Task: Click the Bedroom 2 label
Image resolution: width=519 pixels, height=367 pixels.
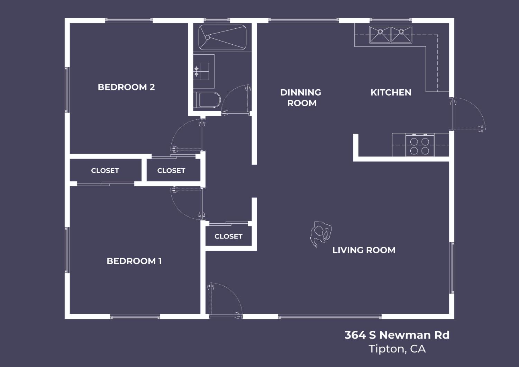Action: [x=126, y=87]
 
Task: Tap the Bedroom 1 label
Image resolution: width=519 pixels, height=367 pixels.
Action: [x=134, y=261]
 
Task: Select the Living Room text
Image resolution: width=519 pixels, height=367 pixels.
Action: [x=364, y=250]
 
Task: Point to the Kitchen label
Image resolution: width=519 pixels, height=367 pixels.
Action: [x=391, y=92]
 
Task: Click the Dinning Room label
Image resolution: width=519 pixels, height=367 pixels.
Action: [x=301, y=98]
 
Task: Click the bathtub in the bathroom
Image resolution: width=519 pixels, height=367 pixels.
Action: [x=222, y=37]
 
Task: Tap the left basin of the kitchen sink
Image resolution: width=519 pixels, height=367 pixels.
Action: [x=380, y=35]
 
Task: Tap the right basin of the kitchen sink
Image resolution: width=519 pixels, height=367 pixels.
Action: [x=401, y=35]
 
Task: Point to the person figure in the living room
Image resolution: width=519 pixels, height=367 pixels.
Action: [x=320, y=234]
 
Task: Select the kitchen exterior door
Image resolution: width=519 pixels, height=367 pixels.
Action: [x=467, y=114]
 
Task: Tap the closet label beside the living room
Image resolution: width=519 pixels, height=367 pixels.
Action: [x=228, y=236]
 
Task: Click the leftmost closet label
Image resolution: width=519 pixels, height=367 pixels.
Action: [x=105, y=171]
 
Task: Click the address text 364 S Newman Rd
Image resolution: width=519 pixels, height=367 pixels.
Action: [x=397, y=335]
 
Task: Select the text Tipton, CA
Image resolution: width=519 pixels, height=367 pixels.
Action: [x=397, y=349]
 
